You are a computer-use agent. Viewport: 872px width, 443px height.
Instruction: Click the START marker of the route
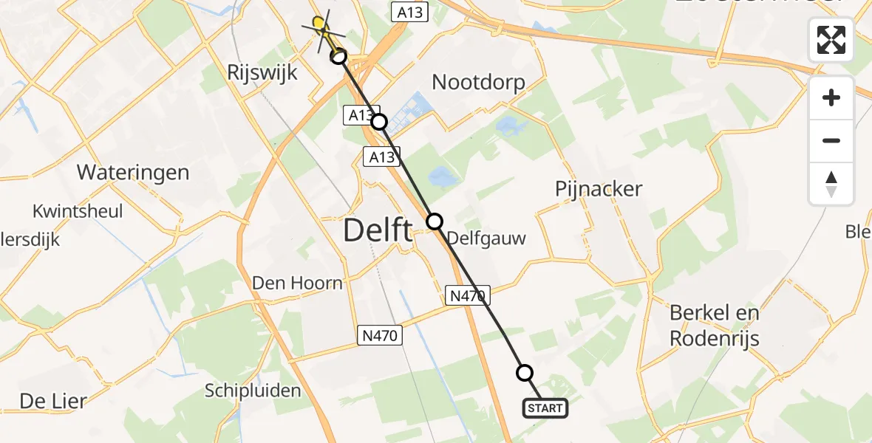(545, 408)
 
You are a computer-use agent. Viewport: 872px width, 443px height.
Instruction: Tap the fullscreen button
(831, 40)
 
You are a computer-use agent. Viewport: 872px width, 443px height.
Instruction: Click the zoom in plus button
(831, 97)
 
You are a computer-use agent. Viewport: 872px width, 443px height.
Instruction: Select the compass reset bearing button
(831, 183)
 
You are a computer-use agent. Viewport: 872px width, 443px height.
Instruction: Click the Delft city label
(378, 232)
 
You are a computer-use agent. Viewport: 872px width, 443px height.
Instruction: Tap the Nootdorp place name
(478, 81)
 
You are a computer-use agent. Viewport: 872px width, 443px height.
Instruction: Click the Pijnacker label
(599, 189)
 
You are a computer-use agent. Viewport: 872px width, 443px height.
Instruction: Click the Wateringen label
(133, 173)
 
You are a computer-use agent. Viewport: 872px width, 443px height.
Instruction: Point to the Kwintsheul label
(78, 212)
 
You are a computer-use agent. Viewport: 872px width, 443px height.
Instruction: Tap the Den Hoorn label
(297, 283)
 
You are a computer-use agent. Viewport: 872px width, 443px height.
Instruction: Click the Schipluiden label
(253, 391)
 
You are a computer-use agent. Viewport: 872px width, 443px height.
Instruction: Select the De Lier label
(53, 401)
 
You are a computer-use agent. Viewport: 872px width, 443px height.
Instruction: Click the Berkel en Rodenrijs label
(715, 325)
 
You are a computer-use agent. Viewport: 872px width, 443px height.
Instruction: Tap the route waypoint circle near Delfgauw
(435, 221)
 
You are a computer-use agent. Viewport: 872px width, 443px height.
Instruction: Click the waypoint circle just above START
(525, 373)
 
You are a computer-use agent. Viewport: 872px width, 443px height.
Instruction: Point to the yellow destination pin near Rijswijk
(319, 24)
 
